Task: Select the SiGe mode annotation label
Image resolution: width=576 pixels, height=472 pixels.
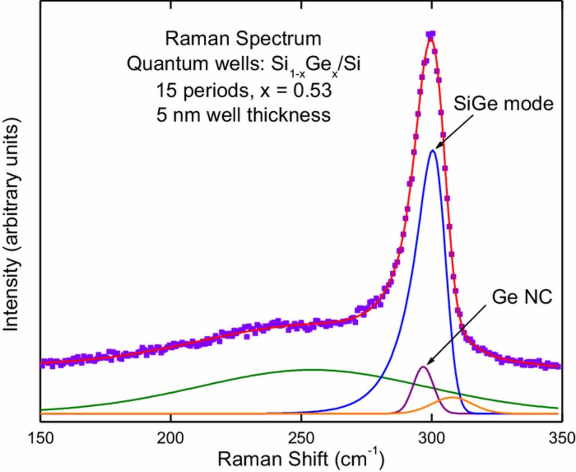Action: pos(503,104)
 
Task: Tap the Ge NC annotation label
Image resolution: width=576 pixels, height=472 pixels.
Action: pos(522,297)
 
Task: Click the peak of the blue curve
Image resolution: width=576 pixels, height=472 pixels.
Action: pos(433,150)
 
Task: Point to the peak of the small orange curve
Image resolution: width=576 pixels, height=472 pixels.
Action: pos(452,398)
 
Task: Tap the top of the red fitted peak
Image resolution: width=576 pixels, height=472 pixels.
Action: pos(431,39)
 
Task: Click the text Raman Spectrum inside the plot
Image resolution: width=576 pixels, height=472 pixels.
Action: pos(243,39)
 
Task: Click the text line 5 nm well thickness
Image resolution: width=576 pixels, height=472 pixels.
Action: pos(243,115)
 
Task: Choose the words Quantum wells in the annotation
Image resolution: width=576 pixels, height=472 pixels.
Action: pos(180,64)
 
